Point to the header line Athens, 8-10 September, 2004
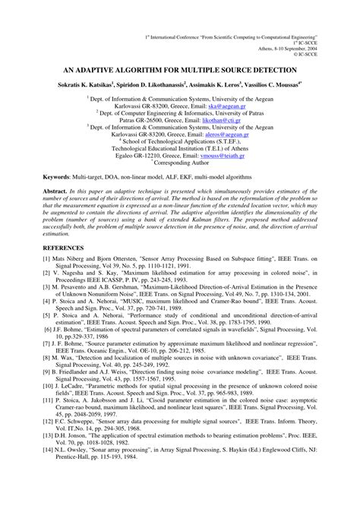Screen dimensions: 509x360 coord(297,44)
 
